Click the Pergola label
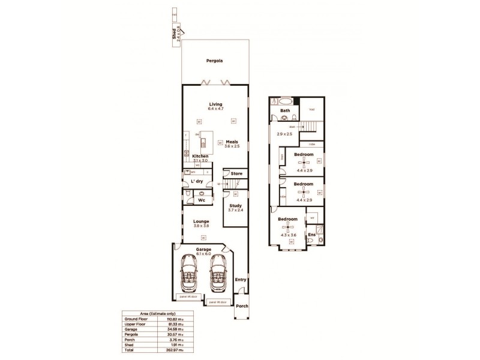(215, 61)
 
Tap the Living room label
(215, 103)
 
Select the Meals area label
(232, 142)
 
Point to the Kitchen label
(200, 156)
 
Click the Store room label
(236, 175)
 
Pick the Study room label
(236, 206)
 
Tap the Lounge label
(201, 221)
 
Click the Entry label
(241, 280)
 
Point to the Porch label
(242, 305)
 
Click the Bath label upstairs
(286, 110)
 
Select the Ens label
(311, 235)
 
